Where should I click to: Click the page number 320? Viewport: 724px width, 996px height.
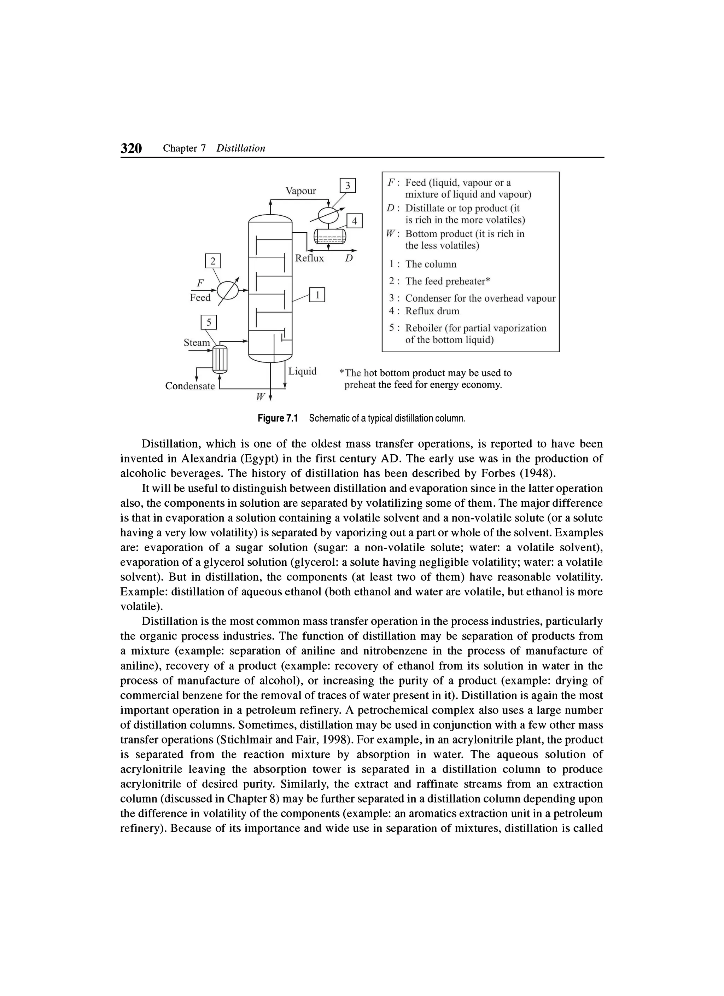coord(131,148)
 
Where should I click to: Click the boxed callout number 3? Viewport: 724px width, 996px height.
coord(348,186)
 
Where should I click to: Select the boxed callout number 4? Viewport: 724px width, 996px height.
coord(355,221)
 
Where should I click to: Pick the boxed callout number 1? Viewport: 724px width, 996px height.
coord(317,295)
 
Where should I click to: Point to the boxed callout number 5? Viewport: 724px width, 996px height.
coord(209,322)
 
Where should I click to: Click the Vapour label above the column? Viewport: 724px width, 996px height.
coord(300,191)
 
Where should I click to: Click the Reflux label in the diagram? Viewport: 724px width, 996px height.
coord(310,258)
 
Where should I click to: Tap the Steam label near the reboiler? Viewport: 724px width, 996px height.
coord(197,343)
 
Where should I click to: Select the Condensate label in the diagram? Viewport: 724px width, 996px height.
coord(190,386)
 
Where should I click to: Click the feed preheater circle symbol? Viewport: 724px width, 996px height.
coord(229,290)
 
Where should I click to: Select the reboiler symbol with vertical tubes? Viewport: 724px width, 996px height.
coord(219,359)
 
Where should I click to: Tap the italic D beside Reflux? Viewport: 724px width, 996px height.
coord(349,258)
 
